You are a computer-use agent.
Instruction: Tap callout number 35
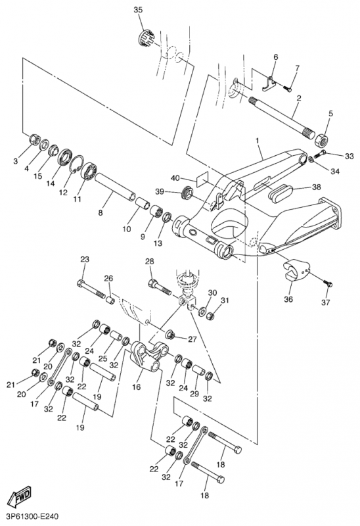138,10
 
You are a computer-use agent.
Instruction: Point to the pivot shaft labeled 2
282,114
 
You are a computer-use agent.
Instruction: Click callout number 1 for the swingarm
258,141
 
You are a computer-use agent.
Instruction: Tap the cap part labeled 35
146,36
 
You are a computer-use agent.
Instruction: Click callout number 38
317,187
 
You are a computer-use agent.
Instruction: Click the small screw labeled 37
328,283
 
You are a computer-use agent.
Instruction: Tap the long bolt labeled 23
91,290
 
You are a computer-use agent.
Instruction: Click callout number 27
192,339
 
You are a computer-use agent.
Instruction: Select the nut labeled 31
210,316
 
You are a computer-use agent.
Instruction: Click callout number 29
194,393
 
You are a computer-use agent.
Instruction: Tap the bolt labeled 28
160,286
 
